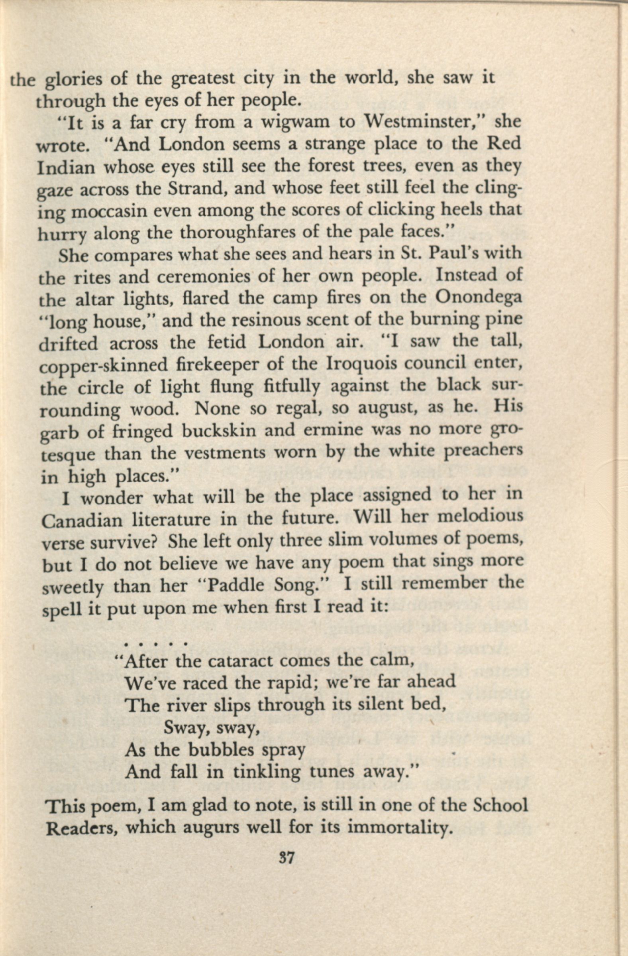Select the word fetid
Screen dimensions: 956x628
pyautogui.click(x=227, y=342)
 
